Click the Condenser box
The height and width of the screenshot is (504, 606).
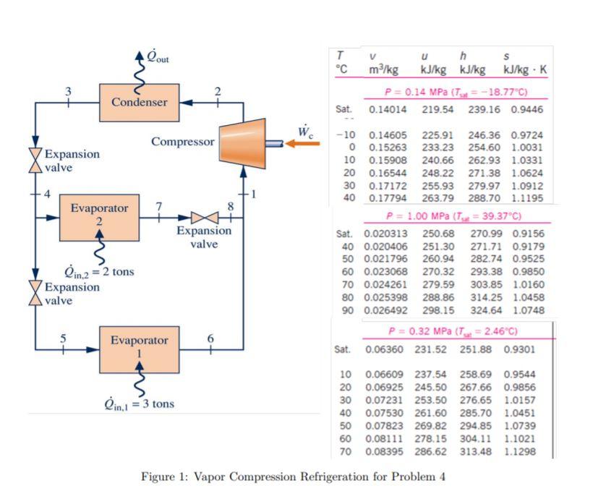139,103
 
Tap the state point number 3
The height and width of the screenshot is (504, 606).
68,91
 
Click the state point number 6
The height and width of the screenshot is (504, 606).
210,338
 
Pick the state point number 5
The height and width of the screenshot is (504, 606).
63,338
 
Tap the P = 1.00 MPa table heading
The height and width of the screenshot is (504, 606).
454,216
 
